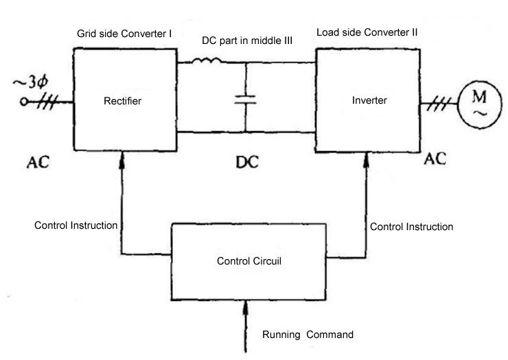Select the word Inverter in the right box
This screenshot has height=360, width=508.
point(370,100)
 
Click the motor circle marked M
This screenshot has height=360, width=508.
point(476,104)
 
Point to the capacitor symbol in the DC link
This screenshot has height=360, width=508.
point(244,99)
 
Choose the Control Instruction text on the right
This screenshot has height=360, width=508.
point(411,226)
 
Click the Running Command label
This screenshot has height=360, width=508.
point(308,335)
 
